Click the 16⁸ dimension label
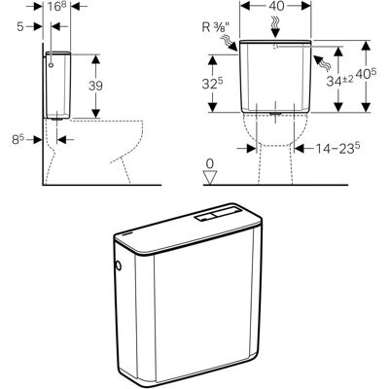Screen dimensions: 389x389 coord(57,7)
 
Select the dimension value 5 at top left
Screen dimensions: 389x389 coord(20,26)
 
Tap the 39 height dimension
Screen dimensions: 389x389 coord(95,86)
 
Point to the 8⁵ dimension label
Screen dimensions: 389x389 coord(18,139)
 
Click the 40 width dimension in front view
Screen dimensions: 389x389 coord(276,6)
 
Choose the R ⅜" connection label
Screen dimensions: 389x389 coord(215,27)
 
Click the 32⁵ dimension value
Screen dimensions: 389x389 coord(213,84)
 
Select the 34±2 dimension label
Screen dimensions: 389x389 coord(339,81)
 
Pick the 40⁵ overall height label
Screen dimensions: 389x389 coord(366,74)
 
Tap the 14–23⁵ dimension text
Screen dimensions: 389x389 coord(337,149)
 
